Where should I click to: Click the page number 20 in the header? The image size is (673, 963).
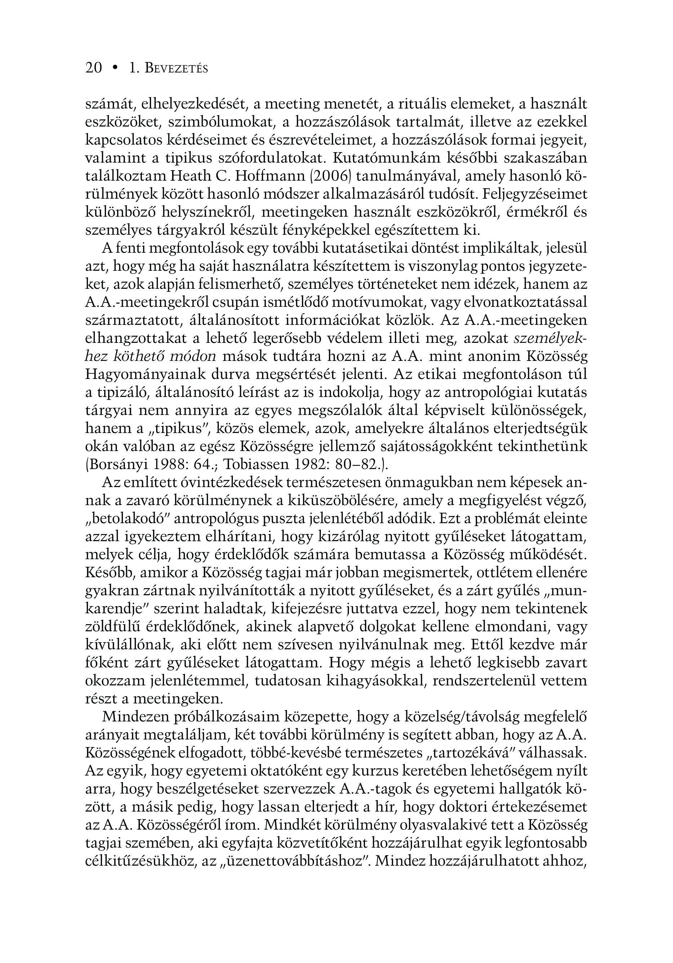click(93, 68)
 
